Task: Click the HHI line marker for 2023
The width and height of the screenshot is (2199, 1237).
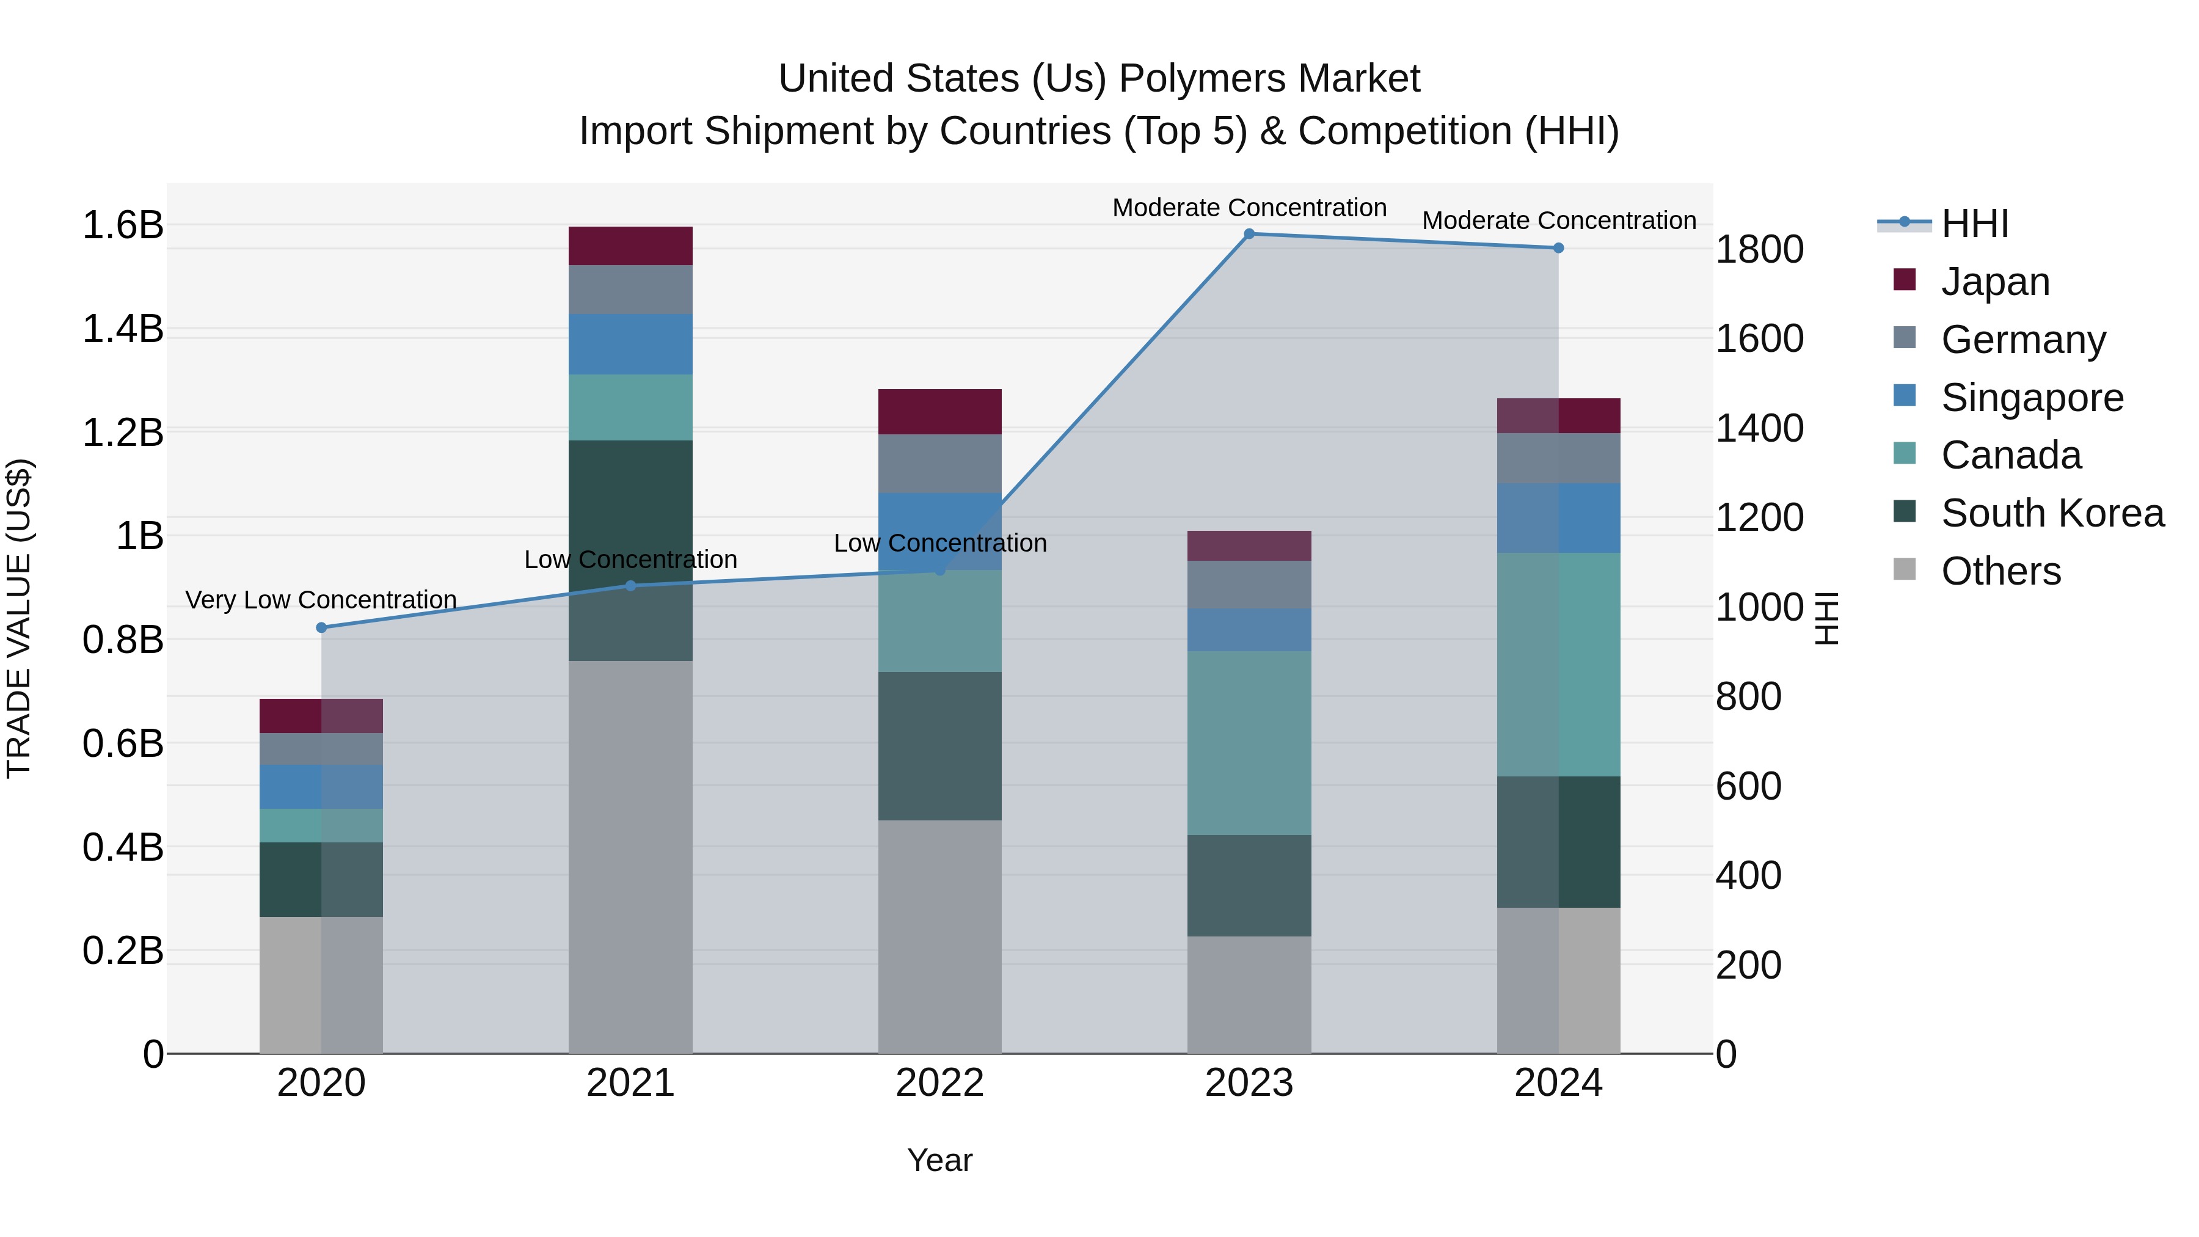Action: (x=1249, y=234)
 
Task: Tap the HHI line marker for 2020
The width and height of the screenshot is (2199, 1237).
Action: (x=321, y=627)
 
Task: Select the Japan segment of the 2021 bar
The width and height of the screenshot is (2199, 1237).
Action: (x=630, y=246)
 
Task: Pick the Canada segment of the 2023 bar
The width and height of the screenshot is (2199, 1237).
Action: (x=1249, y=743)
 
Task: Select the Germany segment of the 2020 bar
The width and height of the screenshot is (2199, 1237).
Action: (x=321, y=749)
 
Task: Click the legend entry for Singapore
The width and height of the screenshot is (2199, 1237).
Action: (x=2032, y=398)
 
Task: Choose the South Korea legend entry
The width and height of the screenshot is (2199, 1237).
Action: (x=2052, y=513)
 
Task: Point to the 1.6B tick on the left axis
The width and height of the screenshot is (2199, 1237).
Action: (x=122, y=225)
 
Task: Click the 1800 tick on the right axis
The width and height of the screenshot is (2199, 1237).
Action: (x=1759, y=249)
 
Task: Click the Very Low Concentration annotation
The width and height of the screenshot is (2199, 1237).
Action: (x=321, y=600)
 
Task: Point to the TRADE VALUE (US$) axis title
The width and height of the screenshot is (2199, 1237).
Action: (x=19, y=618)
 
